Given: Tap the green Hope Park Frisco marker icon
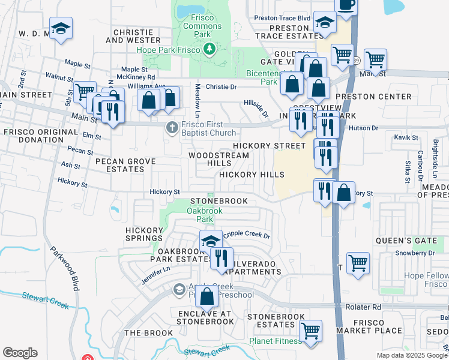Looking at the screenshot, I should (209, 50).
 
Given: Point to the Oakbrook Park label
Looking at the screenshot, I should (204, 215).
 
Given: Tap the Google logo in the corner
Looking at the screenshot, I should (20, 352).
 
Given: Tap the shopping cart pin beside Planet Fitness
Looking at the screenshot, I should (310, 331).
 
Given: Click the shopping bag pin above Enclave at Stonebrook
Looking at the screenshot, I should (206, 296).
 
